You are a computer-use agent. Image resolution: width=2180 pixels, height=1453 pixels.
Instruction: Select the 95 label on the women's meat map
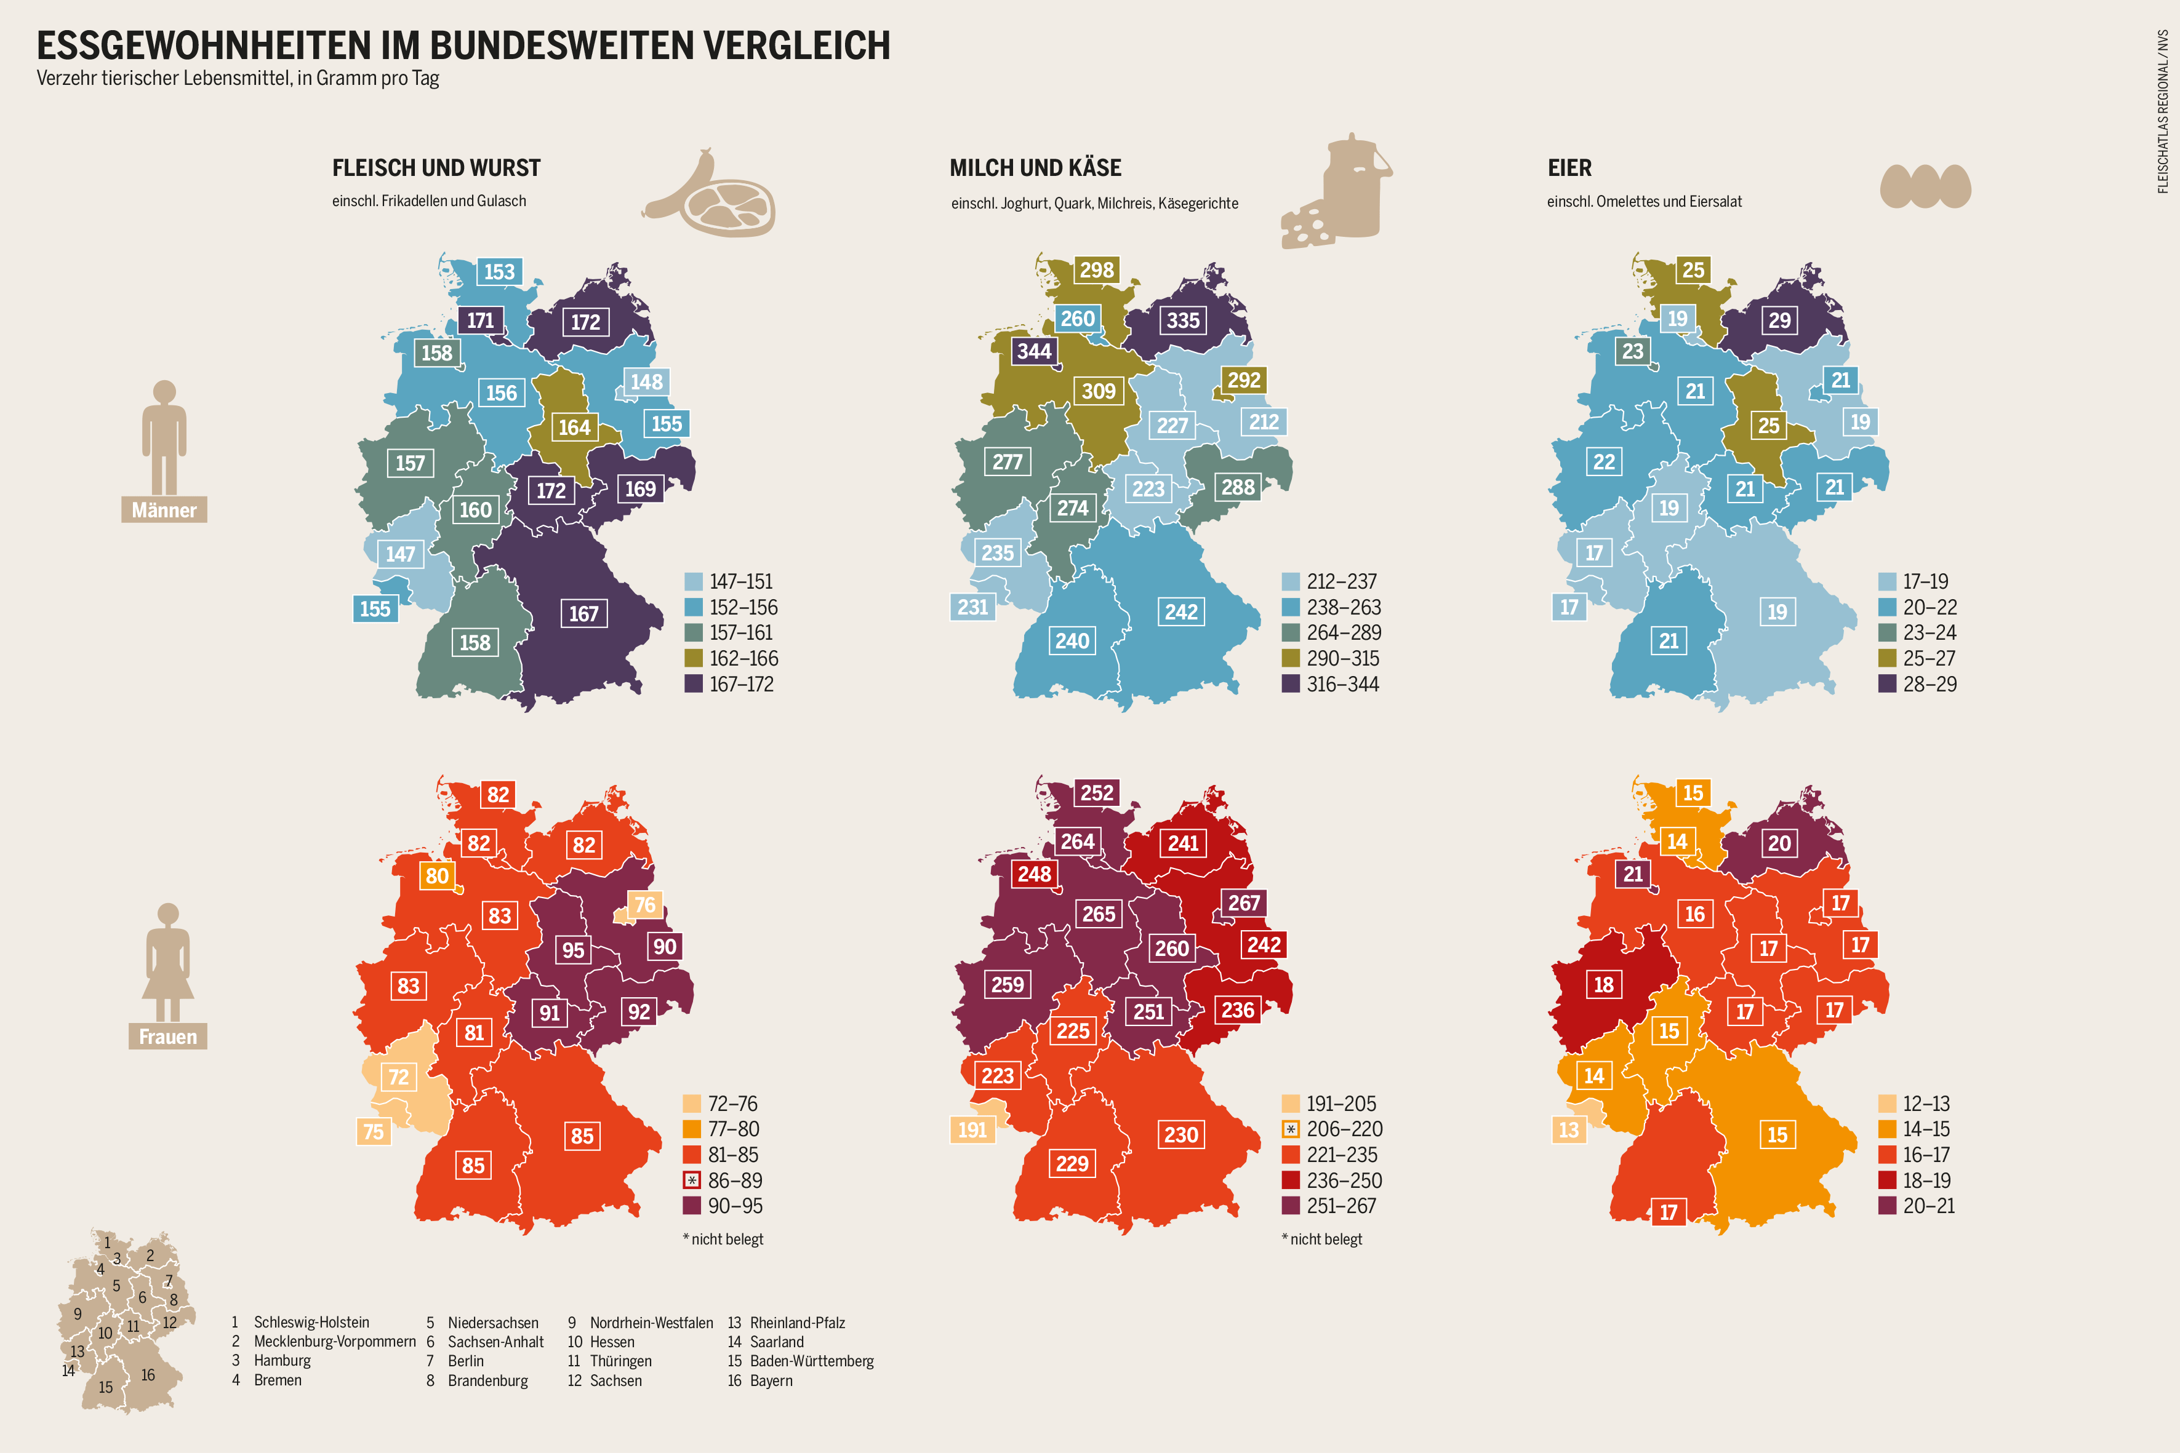[573, 950]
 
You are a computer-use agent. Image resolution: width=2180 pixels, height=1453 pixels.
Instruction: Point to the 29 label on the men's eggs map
[1779, 320]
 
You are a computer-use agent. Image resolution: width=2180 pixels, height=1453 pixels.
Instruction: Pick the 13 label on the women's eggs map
[1568, 1129]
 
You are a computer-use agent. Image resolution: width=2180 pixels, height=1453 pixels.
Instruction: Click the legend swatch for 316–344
[1290, 684]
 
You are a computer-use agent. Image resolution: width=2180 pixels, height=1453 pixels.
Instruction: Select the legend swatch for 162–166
[693, 658]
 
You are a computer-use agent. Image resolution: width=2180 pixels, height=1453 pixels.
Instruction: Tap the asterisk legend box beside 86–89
[691, 1180]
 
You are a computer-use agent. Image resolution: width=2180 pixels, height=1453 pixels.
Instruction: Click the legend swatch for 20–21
[1886, 1206]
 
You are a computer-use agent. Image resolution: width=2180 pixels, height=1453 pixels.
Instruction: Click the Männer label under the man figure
[164, 510]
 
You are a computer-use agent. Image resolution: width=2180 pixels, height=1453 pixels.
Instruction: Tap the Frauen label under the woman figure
[168, 1036]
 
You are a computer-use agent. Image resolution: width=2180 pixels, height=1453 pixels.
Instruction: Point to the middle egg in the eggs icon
[1925, 186]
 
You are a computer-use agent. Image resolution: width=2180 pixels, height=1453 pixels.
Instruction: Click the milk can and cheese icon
[1337, 193]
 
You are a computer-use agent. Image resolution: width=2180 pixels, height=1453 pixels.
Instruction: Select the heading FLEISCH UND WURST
[436, 168]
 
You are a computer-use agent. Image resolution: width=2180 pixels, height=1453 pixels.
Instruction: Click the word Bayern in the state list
[771, 1380]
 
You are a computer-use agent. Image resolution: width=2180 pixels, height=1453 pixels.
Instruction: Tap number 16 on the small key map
[148, 1374]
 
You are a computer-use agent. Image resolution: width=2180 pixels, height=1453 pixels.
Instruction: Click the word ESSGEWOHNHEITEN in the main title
[204, 46]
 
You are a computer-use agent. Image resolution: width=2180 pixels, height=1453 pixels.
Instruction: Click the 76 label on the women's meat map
[644, 904]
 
